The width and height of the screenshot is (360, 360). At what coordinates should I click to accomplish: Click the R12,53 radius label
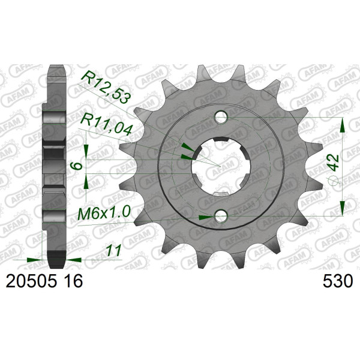pos(107,87)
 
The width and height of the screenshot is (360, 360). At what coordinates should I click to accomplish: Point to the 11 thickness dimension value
pos(114,250)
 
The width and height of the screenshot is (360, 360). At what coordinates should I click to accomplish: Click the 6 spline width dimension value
pos(78,166)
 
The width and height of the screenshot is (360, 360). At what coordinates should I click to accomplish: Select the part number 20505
pos(31,281)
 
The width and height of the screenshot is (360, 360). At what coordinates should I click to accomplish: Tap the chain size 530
pos(337,281)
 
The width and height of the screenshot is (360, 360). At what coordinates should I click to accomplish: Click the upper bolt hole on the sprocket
pos(221,117)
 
